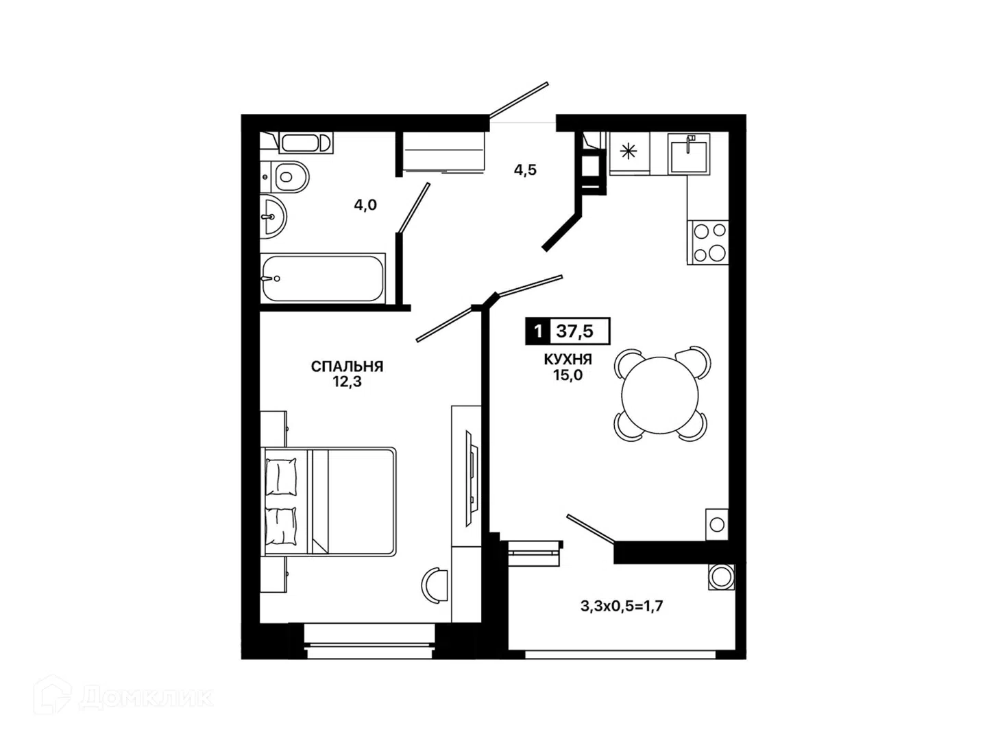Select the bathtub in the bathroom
pyautogui.click(x=323, y=278)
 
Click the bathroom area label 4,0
pyautogui.click(x=365, y=205)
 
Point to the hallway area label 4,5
pyautogui.click(x=525, y=170)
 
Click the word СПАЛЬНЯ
pyautogui.click(x=347, y=366)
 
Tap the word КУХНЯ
pyautogui.click(x=568, y=359)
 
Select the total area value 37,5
pyautogui.click(x=575, y=331)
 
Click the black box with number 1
pyautogui.click(x=537, y=331)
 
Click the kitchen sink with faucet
pyautogui.click(x=688, y=154)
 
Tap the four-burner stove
pyautogui.click(x=707, y=242)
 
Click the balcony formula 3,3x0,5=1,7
pyautogui.click(x=622, y=606)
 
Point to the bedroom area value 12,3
pyautogui.click(x=347, y=381)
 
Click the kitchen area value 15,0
pyautogui.click(x=568, y=375)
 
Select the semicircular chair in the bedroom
pyautogui.click(x=434, y=585)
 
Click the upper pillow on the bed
pyautogui.click(x=281, y=477)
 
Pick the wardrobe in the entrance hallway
pyautogui.click(x=444, y=151)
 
